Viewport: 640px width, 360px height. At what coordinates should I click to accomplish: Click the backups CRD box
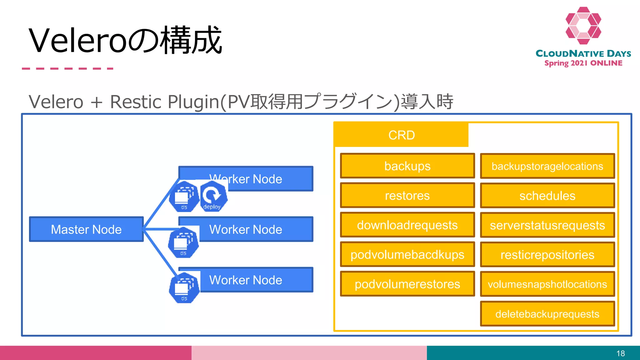[x=407, y=166]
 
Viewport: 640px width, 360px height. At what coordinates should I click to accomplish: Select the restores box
[x=407, y=196]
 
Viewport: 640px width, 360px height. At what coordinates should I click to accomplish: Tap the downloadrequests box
[x=407, y=225]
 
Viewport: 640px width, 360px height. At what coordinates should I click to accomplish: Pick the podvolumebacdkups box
[x=407, y=254]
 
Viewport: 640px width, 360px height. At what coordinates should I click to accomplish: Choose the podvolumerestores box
[x=407, y=284]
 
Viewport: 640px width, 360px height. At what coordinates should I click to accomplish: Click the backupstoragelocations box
[x=547, y=166]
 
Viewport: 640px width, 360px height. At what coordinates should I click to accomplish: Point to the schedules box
[x=547, y=196]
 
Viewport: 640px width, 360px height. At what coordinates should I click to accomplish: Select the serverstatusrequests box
[x=547, y=225]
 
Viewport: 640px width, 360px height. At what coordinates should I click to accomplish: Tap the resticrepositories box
[x=547, y=255]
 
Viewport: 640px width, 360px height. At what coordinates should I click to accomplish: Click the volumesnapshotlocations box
[x=547, y=284]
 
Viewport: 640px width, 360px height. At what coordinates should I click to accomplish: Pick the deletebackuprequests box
[x=547, y=314]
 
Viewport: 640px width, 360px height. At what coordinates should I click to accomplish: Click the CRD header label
[x=401, y=135]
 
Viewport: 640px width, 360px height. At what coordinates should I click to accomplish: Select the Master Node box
[x=86, y=229]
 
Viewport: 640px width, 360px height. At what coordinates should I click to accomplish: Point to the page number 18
[x=620, y=353]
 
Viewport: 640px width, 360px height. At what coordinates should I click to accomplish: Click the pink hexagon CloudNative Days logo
[x=583, y=26]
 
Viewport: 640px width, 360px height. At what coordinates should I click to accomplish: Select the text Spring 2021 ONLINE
[x=583, y=63]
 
